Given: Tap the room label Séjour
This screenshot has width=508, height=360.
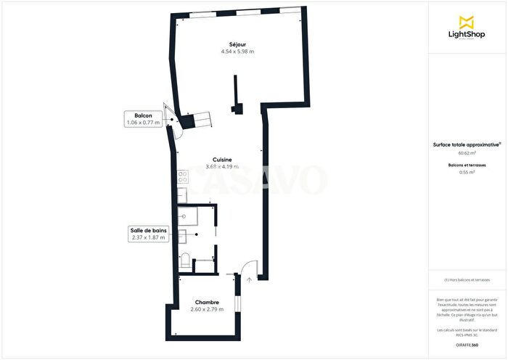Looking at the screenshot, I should pyautogui.click(x=232, y=44).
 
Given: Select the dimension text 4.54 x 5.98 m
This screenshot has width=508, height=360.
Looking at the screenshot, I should pyautogui.click(x=237, y=52).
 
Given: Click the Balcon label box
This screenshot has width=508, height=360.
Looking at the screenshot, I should pyautogui.click(x=142, y=119).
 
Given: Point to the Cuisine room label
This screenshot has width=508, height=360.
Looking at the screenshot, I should pyautogui.click(x=222, y=160).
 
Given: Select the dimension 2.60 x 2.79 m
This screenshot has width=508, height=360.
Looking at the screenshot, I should pyautogui.click(x=207, y=310).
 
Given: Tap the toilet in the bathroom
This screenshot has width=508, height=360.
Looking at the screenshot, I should pyautogui.click(x=186, y=260).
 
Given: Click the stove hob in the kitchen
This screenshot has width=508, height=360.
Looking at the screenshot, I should pyautogui.click(x=182, y=176).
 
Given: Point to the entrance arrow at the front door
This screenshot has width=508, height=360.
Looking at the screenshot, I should pyautogui.click(x=249, y=278).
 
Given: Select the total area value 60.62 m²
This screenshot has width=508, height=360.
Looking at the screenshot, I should pyautogui.click(x=467, y=153).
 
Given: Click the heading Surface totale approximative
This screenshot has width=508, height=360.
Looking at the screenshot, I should pyautogui.click(x=466, y=144).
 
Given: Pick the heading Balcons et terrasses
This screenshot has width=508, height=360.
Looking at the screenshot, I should pyautogui.click(x=467, y=165).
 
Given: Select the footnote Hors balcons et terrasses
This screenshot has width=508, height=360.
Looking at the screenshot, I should pyautogui.click(x=467, y=280).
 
